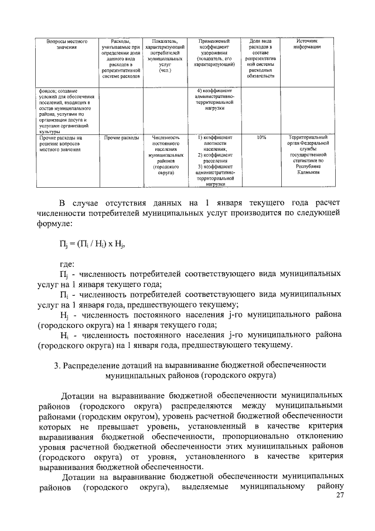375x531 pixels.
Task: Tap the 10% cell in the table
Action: [261, 137]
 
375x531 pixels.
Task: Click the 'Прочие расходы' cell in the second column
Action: [120, 137]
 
